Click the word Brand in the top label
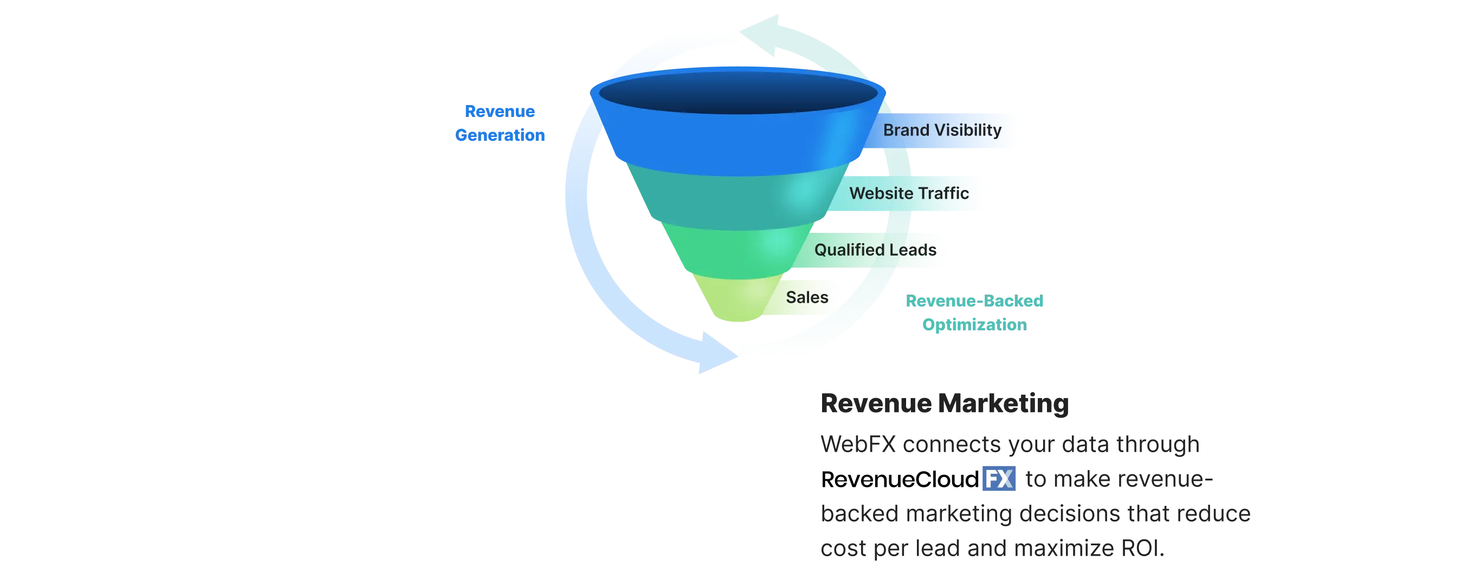(x=906, y=131)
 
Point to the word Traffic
(x=945, y=193)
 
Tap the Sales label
(x=807, y=297)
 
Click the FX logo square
(x=999, y=479)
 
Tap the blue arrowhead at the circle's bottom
(x=713, y=360)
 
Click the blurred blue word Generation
(x=500, y=135)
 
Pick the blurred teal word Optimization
(x=974, y=325)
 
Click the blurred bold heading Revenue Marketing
(x=944, y=403)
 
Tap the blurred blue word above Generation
(x=500, y=111)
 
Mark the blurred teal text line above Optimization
(x=974, y=301)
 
